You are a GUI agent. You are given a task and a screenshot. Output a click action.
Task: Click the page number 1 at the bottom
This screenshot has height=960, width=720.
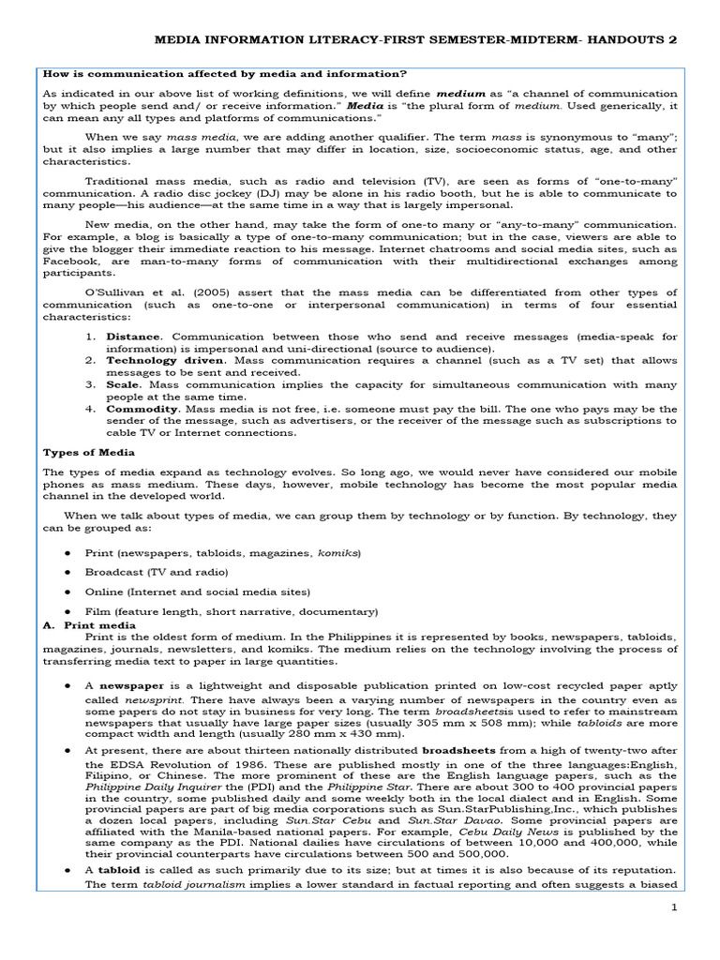(672, 908)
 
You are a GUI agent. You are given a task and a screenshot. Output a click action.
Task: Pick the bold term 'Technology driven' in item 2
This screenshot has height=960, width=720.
(164, 360)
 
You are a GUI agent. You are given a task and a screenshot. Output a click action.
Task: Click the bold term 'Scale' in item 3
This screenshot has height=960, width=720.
(123, 384)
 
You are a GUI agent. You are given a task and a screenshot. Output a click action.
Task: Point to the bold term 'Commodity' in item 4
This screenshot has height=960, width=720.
(142, 409)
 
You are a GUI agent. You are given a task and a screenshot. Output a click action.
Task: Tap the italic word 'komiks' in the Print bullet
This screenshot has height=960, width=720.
(339, 552)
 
